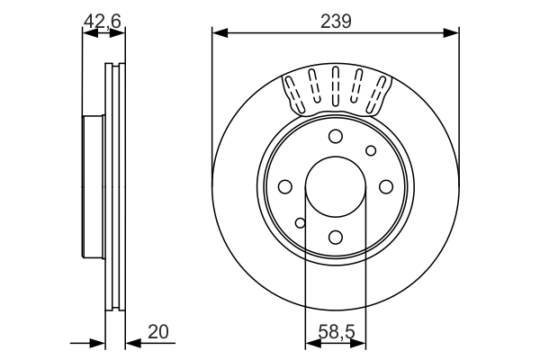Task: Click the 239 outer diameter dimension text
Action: click(x=336, y=20)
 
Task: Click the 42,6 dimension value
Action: click(x=102, y=20)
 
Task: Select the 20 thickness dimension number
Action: click(x=157, y=331)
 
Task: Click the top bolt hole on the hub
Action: click(x=336, y=136)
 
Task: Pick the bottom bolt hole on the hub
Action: click(x=336, y=237)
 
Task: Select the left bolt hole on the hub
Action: click(x=285, y=186)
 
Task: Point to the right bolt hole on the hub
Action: click(x=386, y=186)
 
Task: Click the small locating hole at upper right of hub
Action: click(x=370, y=150)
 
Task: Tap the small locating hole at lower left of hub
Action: click(x=301, y=222)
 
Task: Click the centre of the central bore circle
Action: click(x=336, y=186)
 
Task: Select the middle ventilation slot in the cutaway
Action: click(x=336, y=87)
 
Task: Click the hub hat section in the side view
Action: click(x=93, y=186)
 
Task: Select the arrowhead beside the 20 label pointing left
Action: click(x=130, y=342)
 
